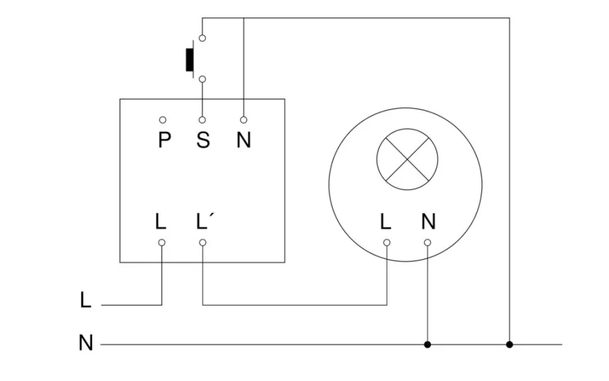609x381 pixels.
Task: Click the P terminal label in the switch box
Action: coord(164,140)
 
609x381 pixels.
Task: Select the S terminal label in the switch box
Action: coord(202,140)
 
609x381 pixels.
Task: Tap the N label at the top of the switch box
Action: coord(244,140)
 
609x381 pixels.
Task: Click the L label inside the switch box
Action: coord(161,221)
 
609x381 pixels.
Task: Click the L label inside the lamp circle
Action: coord(385,221)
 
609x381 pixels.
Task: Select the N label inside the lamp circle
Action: coord(428,221)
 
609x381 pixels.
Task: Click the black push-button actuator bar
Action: coord(188,58)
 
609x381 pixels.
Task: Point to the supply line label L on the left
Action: coord(86,300)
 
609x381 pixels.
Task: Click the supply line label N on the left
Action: coord(86,343)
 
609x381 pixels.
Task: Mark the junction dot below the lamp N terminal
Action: coord(428,345)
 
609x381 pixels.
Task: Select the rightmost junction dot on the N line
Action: coord(509,345)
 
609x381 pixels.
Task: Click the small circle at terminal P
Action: coord(163,119)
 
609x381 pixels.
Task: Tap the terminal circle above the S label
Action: coord(202,119)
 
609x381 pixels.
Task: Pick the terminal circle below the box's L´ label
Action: coord(202,242)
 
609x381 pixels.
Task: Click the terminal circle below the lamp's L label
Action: coord(386,242)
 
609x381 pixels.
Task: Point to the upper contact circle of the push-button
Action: coord(202,38)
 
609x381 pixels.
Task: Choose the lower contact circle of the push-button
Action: coord(202,79)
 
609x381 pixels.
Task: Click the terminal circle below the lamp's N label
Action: coord(428,242)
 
